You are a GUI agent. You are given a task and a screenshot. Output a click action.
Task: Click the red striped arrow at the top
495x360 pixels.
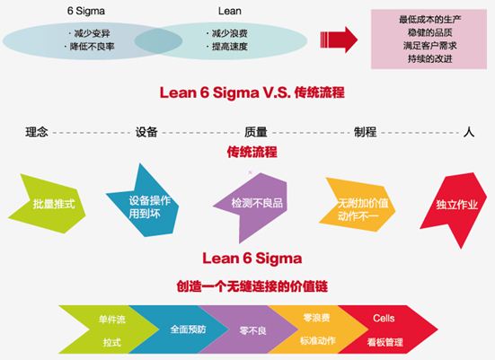click(339, 40)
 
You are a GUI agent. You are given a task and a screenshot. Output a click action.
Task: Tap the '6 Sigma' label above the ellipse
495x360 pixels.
click(86, 11)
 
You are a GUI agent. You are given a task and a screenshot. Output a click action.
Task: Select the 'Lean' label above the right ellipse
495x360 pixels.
click(229, 11)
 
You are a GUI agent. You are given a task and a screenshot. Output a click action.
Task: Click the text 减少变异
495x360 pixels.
click(92, 33)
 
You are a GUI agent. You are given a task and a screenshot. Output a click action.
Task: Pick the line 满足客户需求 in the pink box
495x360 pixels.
click(429, 46)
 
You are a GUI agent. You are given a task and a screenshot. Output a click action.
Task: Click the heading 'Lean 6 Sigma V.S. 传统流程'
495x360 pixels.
click(252, 92)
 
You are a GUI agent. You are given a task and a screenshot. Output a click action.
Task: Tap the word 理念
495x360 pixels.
click(37, 132)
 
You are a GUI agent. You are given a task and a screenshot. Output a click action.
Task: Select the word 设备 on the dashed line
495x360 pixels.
click(146, 132)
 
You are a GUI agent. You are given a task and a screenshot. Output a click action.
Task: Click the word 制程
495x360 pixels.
click(366, 132)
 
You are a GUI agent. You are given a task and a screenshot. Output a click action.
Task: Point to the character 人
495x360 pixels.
click(469, 132)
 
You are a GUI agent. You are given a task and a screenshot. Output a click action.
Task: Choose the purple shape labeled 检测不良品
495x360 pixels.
click(252, 205)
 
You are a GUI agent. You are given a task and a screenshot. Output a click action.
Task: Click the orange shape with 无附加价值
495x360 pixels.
click(357, 205)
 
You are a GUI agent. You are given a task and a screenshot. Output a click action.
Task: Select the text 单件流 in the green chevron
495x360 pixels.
click(112, 320)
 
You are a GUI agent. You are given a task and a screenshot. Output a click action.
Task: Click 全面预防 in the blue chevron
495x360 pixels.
click(188, 329)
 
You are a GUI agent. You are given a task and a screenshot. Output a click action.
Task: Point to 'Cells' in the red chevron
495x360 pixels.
click(384, 318)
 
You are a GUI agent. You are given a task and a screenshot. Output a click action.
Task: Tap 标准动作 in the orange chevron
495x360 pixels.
click(318, 341)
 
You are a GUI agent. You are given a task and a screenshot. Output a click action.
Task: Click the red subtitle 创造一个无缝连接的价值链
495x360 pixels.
click(252, 286)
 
